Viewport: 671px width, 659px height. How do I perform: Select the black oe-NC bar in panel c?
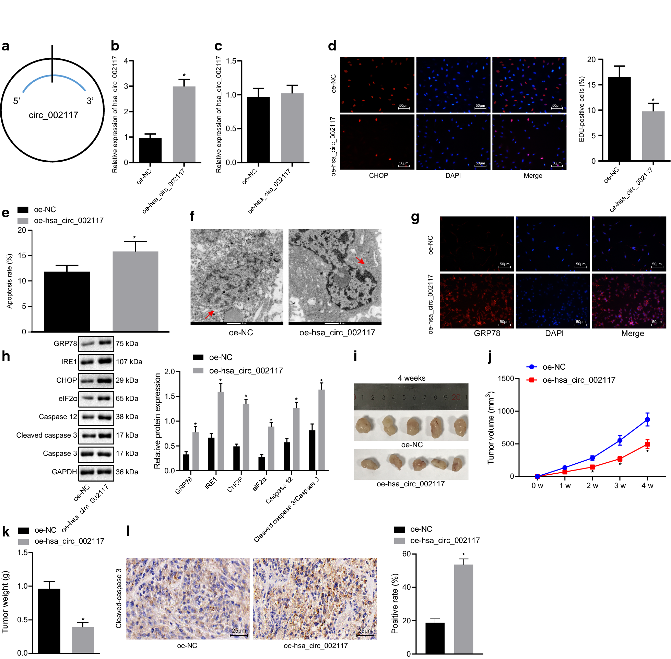[x=258, y=129]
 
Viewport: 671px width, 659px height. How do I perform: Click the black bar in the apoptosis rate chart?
[x=67, y=301]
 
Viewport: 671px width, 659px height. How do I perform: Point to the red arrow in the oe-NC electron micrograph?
[x=210, y=314]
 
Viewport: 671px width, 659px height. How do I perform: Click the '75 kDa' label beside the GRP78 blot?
[x=127, y=344]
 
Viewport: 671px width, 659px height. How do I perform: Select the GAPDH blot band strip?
[x=96, y=472]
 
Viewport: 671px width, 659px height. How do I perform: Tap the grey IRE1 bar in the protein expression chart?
[x=220, y=431]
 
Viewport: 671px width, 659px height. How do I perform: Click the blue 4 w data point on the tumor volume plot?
[x=647, y=419]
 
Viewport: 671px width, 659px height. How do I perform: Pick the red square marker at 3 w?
[x=620, y=459]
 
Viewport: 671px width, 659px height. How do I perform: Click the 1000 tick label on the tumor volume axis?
[x=506, y=411]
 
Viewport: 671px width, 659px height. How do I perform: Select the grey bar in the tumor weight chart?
[x=83, y=640]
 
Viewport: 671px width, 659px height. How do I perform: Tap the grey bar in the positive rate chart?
[x=463, y=609]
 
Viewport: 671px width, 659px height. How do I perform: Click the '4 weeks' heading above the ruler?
[x=411, y=378]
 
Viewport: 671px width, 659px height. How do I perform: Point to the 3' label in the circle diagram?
[x=90, y=101]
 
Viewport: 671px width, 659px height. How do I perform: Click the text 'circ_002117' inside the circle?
[x=53, y=115]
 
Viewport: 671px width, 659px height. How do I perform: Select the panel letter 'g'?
[x=415, y=217]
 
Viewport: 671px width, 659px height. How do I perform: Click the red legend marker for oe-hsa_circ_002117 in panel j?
[x=531, y=380]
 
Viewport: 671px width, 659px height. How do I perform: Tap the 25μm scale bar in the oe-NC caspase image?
[x=239, y=635]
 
